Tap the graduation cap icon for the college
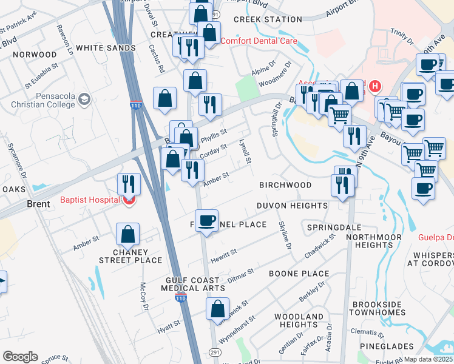[84, 98]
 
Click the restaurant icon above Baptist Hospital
[129, 183]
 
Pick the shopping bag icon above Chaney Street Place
[128, 234]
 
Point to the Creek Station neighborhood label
[268, 19]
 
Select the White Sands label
[106, 48]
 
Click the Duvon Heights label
[292, 206]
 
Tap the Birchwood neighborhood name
[285, 185]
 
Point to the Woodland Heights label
[299, 320]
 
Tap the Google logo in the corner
[21, 357]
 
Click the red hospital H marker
[375, 86]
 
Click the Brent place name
[38, 204]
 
